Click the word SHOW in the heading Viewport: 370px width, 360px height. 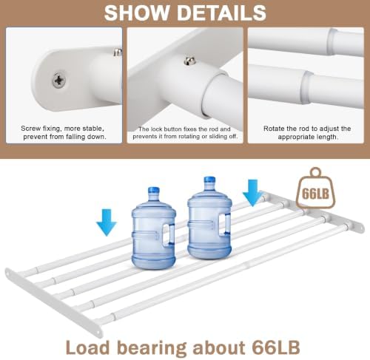tap(137, 13)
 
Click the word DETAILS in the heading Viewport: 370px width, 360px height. tap(222, 13)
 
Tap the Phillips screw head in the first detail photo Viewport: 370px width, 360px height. tap(59, 80)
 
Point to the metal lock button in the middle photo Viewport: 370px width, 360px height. tap(189, 61)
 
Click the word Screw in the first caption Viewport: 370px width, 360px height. tap(31, 129)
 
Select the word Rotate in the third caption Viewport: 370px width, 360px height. tap(274, 129)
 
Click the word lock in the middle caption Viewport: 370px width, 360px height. tap(157, 129)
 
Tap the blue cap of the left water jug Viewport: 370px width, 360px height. tap(153, 191)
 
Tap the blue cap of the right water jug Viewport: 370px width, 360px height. tap(209, 180)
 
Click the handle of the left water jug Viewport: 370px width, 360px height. tap(169, 234)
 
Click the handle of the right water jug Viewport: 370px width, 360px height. tap(225, 224)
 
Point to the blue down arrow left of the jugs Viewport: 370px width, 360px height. tap(107, 223)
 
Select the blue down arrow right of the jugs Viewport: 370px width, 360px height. tap(252, 193)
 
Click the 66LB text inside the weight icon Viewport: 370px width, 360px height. tap(315, 194)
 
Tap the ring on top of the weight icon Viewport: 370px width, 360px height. tap(316, 171)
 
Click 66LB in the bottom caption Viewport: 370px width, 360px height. tap(276, 347)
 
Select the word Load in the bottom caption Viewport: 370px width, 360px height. tap(87, 347)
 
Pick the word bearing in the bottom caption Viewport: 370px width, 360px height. tap(151, 348)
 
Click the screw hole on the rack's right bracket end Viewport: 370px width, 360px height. tap(362, 228)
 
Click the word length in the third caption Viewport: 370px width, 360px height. tap(325, 137)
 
